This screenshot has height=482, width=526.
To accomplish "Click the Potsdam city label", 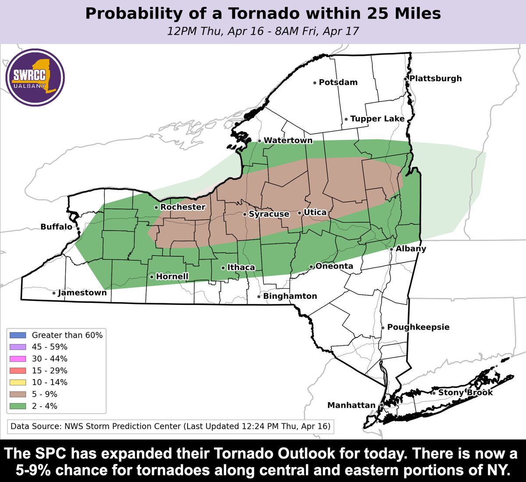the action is pyautogui.click(x=338, y=82).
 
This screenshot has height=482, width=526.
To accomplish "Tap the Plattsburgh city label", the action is pyautogui.click(x=435, y=78).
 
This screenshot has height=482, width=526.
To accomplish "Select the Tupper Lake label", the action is pyautogui.click(x=377, y=119).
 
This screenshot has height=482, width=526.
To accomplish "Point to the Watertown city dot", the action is pyautogui.click(x=259, y=141).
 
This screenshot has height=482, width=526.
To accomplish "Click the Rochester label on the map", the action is pyautogui.click(x=183, y=207).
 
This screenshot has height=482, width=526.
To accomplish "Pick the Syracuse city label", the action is pyautogui.click(x=269, y=214).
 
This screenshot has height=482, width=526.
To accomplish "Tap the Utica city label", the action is pyautogui.click(x=315, y=213).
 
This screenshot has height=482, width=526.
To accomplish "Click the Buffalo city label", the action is pyautogui.click(x=56, y=227).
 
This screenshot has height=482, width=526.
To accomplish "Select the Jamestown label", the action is pyautogui.click(x=82, y=293).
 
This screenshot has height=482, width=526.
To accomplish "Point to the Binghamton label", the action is pyautogui.click(x=290, y=296).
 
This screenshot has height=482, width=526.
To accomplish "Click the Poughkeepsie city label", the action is pyautogui.click(x=418, y=327).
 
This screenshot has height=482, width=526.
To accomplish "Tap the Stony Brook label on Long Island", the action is pyautogui.click(x=465, y=393).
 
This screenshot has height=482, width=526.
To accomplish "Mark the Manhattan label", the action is pyautogui.click(x=351, y=405).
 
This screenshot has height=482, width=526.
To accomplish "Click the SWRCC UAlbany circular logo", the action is pyautogui.click(x=36, y=78).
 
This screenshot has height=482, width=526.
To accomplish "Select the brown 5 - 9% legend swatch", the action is pyautogui.click(x=18, y=394).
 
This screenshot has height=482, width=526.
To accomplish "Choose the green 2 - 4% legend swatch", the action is pyautogui.click(x=18, y=406).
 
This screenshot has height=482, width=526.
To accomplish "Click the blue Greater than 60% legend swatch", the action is pyautogui.click(x=18, y=335).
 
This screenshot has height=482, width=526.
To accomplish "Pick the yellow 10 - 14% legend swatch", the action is pyautogui.click(x=18, y=383).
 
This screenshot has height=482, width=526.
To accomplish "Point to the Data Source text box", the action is pyautogui.click(x=171, y=426).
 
